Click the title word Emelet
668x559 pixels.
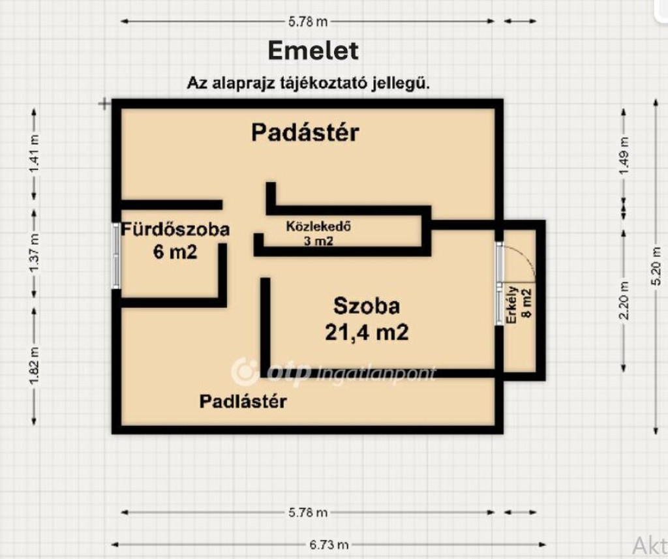coord(313,51)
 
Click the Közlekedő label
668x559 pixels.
coord(320,227)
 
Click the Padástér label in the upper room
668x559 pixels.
coord(305,133)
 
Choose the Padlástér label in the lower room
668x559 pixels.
coord(243,401)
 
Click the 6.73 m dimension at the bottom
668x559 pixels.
coord(329,544)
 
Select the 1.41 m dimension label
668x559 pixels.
coord(34,155)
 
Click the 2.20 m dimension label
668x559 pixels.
coord(624,300)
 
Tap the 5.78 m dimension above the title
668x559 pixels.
coord(308,21)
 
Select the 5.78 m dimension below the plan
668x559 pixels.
coord(308,513)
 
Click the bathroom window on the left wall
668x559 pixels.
coord(117,256)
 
